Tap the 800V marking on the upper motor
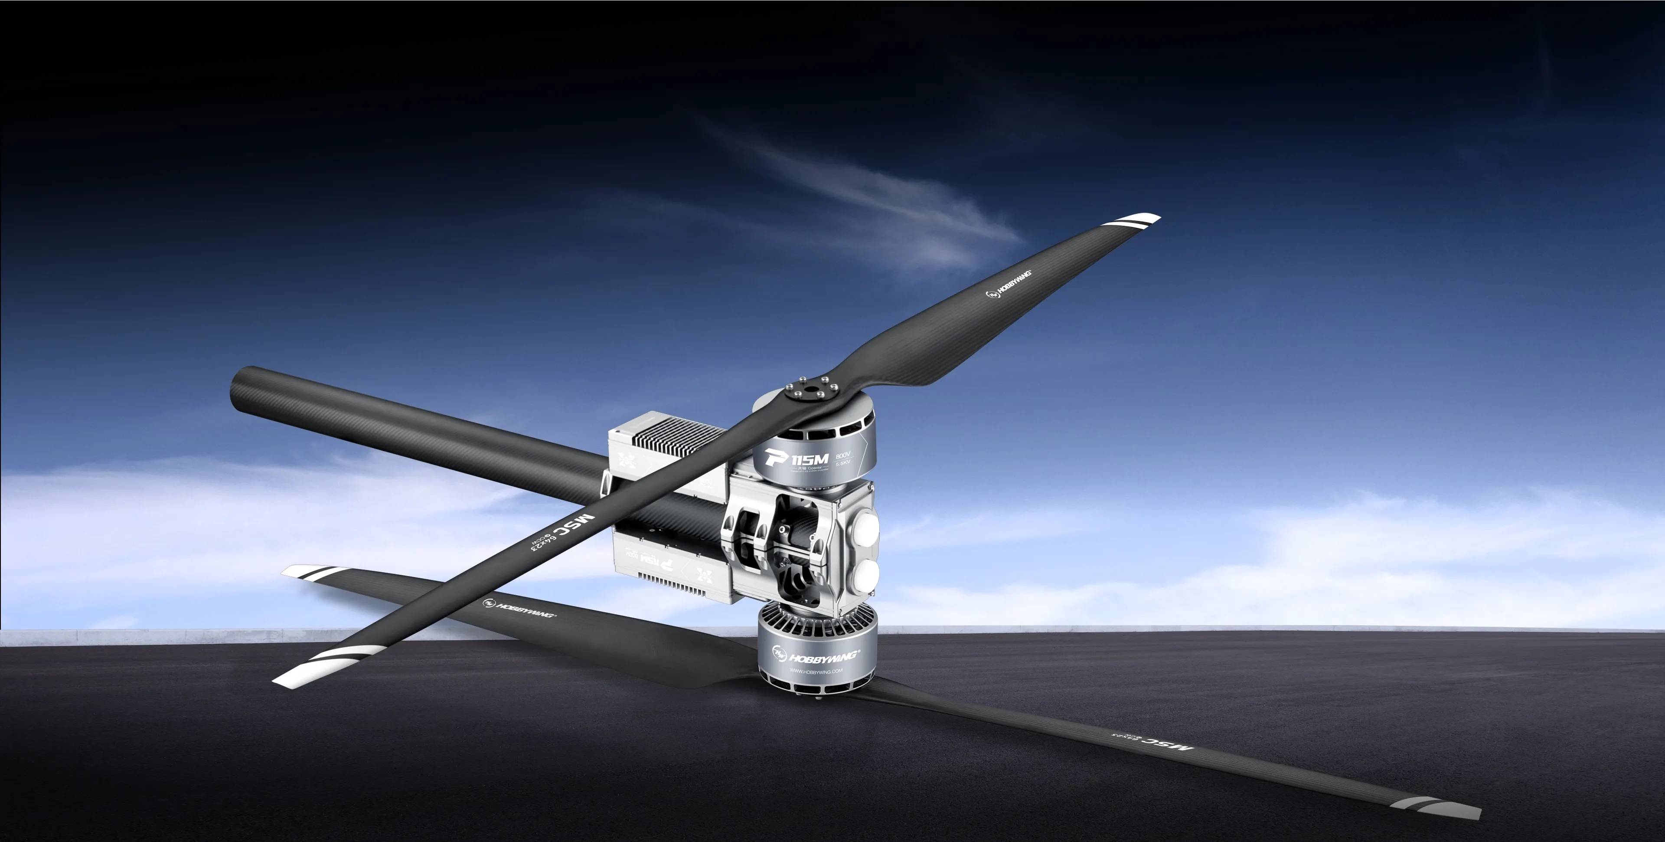843,455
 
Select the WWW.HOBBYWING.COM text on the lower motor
816,672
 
